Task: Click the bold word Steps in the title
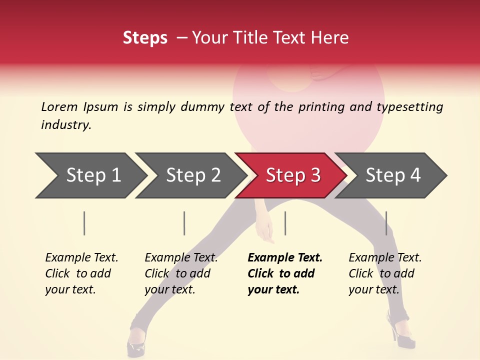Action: tap(145, 38)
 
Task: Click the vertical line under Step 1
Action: tap(84, 223)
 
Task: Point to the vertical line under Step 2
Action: tap(184, 223)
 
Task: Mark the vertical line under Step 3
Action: tap(285, 223)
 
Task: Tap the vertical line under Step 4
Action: tap(386, 223)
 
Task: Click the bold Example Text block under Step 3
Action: tap(285, 273)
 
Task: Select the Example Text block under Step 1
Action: tap(81, 273)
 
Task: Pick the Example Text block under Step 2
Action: tap(181, 273)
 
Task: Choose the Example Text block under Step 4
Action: tap(385, 273)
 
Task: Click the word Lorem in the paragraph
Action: tap(59, 106)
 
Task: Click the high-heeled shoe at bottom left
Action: tap(135, 342)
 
